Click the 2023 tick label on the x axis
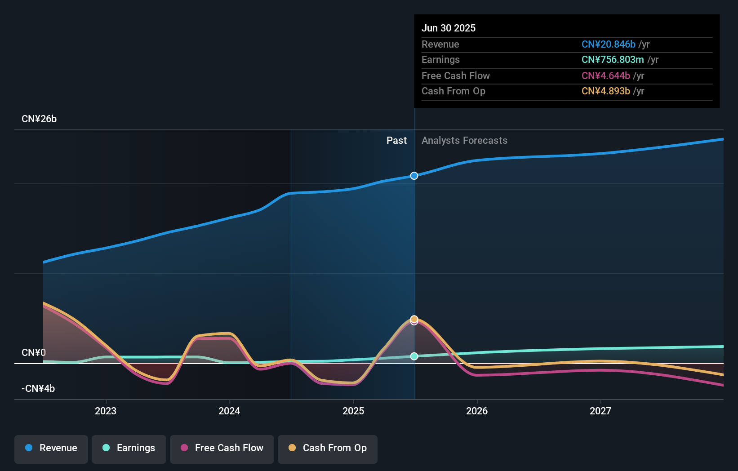click(106, 411)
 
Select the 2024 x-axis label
click(229, 411)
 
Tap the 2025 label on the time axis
click(353, 411)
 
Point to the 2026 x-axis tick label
click(477, 411)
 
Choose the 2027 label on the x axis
click(600, 411)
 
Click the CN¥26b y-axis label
click(39, 119)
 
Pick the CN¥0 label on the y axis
click(34, 352)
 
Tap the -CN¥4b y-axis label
click(38, 388)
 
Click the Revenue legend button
click(51, 448)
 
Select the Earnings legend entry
click(129, 448)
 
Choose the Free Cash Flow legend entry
click(222, 448)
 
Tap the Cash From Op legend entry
click(328, 448)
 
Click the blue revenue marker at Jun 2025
click(414, 176)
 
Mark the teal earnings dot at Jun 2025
click(414, 356)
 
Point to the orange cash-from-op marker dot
click(414, 319)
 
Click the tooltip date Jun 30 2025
click(449, 28)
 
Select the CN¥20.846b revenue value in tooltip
click(608, 44)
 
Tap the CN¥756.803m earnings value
click(613, 59)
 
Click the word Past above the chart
click(396, 141)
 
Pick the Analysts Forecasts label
click(464, 141)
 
